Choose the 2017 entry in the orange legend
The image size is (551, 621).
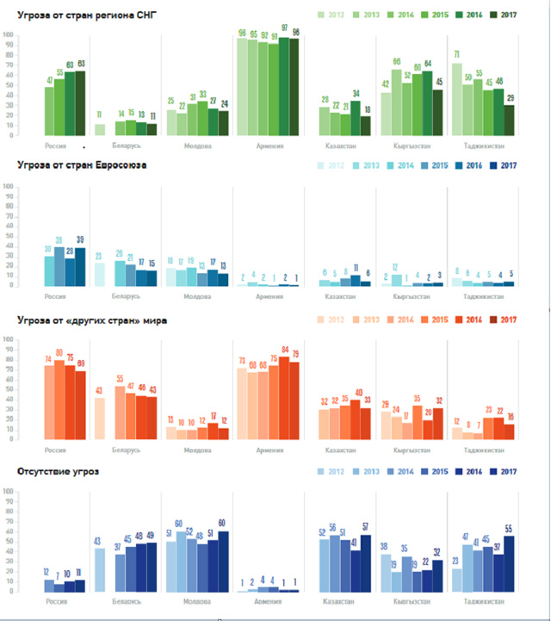click(507, 321)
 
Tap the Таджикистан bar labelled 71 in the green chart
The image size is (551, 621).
click(456, 99)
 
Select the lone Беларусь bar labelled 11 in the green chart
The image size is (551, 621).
click(99, 130)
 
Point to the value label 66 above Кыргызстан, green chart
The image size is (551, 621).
click(397, 61)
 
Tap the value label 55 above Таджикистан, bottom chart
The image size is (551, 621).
click(509, 528)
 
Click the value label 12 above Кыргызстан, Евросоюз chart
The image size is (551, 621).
click(397, 267)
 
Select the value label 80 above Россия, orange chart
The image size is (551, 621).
click(59, 352)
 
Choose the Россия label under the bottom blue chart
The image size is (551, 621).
click(54, 600)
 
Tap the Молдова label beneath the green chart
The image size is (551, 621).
click(198, 146)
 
